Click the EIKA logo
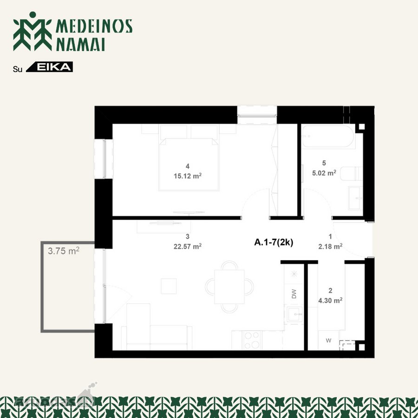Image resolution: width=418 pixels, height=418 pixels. tap(50, 67)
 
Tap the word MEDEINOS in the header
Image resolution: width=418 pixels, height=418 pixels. tap(94, 26)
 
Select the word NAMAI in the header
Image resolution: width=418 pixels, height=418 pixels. tap(80, 44)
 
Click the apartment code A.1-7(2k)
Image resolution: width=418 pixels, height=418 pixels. tap(274, 242)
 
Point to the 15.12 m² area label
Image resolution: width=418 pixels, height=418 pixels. tap(188, 176)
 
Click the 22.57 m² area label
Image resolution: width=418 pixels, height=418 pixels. tap(188, 246)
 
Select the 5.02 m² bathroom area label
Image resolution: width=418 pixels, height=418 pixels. tap(324, 173)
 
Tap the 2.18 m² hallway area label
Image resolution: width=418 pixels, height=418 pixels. tap(330, 246)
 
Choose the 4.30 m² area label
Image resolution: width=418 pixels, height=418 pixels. tap(330, 300)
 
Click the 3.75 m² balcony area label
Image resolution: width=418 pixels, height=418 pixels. tap(64, 251)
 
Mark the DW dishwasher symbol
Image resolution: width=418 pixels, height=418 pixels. tap(294, 294)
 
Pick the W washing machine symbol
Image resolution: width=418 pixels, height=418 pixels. tap(328, 340)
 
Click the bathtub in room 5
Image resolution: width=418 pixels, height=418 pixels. tap(328, 137)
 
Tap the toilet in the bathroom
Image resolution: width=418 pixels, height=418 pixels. tap(352, 174)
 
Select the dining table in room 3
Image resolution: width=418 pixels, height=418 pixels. tap(229, 287)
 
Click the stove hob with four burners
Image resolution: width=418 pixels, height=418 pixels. tap(252, 340)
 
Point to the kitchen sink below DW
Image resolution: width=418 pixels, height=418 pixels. tap(294, 314)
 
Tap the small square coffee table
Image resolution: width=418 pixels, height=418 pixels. tap(169, 286)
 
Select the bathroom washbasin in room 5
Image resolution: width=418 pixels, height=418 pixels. tap(355, 198)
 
